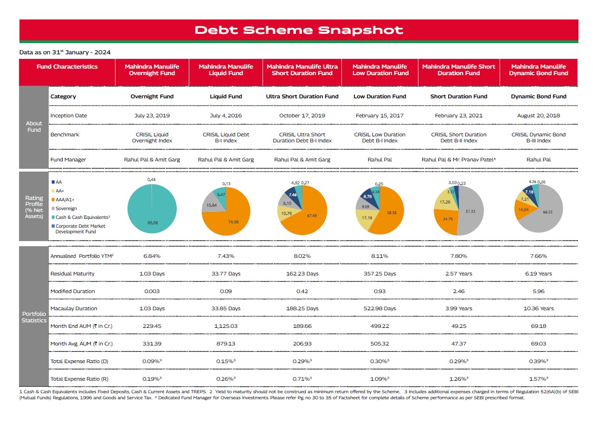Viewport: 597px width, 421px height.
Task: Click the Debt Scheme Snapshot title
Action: click(299, 30)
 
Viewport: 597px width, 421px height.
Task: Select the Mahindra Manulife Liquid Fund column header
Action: click(226, 70)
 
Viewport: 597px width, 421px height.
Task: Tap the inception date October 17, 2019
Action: click(302, 115)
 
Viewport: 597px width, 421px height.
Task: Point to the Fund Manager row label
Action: click(68, 159)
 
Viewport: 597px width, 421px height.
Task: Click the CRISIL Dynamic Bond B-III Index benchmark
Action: click(539, 138)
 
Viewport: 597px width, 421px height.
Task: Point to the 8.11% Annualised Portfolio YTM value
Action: click(379, 256)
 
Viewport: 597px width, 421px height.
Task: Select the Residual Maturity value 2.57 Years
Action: click(458, 274)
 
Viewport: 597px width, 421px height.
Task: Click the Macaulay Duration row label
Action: click(74, 308)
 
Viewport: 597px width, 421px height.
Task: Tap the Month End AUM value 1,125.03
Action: click(226, 326)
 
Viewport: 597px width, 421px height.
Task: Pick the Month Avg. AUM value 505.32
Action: click(379, 344)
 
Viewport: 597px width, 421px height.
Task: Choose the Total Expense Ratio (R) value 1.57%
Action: click(539, 379)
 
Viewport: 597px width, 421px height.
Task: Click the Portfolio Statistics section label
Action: click(34, 317)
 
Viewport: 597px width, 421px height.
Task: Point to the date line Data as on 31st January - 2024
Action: click(65, 52)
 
